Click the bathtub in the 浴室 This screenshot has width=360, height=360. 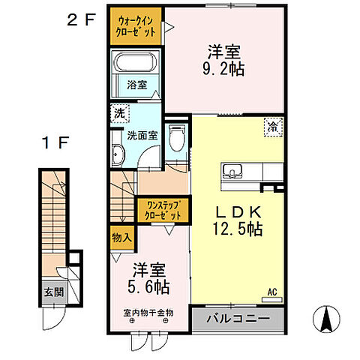[135, 64]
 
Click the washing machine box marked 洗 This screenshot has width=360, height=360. [119, 113]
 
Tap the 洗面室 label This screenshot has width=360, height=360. [140, 136]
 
